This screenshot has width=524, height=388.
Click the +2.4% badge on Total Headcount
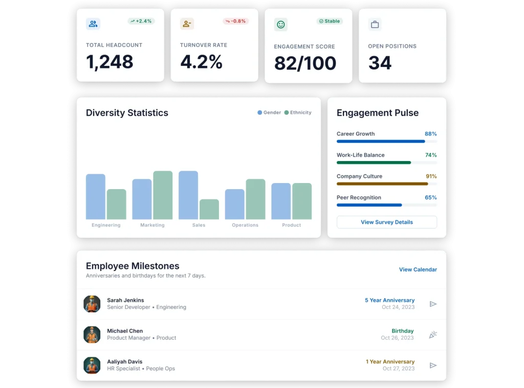click(141, 21)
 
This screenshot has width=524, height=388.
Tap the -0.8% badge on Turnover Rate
click(235, 21)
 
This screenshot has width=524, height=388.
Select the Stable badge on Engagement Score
click(330, 21)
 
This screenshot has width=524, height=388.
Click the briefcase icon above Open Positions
click(375, 25)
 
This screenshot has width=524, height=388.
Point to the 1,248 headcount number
click(110, 62)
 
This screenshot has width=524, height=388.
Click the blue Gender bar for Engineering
click(95, 197)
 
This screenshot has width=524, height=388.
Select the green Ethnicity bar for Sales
click(209, 209)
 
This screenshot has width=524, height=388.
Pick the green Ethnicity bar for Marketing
click(163, 195)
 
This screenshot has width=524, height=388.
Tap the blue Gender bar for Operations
click(234, 204)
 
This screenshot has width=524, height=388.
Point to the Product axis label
click(291, 225)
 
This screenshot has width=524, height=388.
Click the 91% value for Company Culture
click(431, 176)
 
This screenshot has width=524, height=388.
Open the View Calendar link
click(418, 269)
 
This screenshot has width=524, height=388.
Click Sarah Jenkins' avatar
click(92, 304)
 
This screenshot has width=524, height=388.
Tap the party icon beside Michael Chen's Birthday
click(433, 335)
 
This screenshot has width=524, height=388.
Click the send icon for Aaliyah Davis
click(433, 366)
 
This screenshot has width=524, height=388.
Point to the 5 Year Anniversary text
click(389, 300)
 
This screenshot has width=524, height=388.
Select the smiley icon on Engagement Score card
click(280, 25)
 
